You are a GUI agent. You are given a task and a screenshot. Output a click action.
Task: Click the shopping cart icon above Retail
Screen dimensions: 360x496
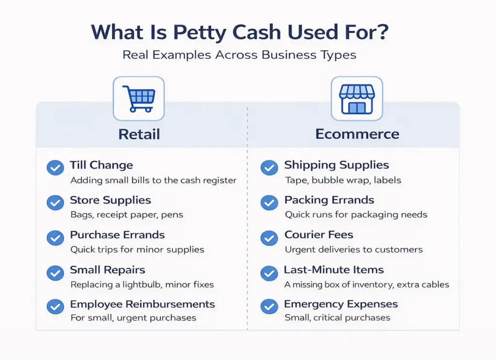(x=139, y=98)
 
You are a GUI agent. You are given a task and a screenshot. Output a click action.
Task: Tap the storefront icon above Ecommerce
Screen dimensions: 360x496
(x=357, y=98)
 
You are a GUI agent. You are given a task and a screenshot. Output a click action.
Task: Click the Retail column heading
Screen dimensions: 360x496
(x=139, y=134)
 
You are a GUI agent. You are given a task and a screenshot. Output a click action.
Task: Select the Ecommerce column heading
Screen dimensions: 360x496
(x=357, y=134)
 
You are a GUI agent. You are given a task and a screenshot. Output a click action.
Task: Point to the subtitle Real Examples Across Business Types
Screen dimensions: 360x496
(x=239, y=55)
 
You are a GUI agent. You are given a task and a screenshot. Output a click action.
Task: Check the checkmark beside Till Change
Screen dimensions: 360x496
(x=55, y=168)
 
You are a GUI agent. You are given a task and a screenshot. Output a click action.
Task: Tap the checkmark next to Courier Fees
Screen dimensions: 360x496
(x=269, y=238)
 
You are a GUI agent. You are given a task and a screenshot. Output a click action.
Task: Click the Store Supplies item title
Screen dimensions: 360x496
(x=110, y=200)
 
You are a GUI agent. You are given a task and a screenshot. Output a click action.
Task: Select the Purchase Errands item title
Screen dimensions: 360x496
(x=117, y=235)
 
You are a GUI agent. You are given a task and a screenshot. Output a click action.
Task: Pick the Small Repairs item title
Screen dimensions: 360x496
(x=108, y=270)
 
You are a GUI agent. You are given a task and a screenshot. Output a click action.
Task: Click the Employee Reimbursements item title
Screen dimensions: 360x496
(x=142, y=305)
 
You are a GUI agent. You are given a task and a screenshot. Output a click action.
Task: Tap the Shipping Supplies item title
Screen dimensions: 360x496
(x=337, y=165)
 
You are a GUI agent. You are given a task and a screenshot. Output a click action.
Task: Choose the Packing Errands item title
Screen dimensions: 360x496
(x=329, y=200)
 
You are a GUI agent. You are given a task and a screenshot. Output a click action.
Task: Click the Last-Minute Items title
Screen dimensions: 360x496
(x=334, y=270)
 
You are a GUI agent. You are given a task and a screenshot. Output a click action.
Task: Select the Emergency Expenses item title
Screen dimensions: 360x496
(x=341, y=305)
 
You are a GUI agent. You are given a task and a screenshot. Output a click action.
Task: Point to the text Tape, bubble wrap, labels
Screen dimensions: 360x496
(x=343, y=180)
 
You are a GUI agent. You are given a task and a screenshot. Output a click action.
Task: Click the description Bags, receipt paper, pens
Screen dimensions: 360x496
(x=126, y=215)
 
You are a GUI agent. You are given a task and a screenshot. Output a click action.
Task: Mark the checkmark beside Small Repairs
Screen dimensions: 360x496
(x=55, y=273)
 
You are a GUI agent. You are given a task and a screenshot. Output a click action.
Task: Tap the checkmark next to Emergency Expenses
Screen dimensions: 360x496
(x=269, y=307)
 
